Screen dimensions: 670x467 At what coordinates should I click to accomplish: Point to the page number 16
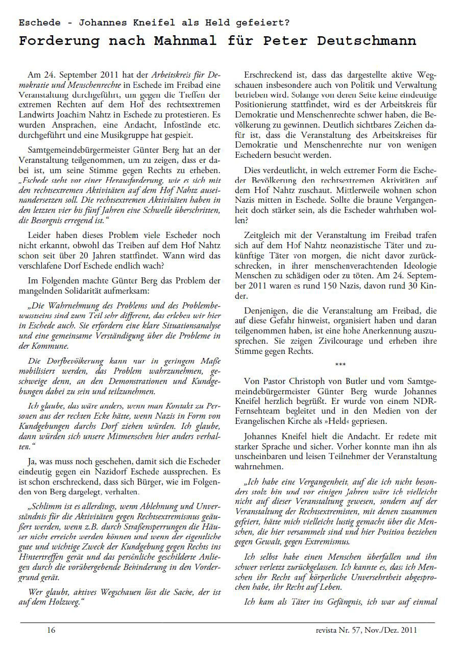coord(51,630)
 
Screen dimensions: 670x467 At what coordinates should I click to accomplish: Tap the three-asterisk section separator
coord(340,365)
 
